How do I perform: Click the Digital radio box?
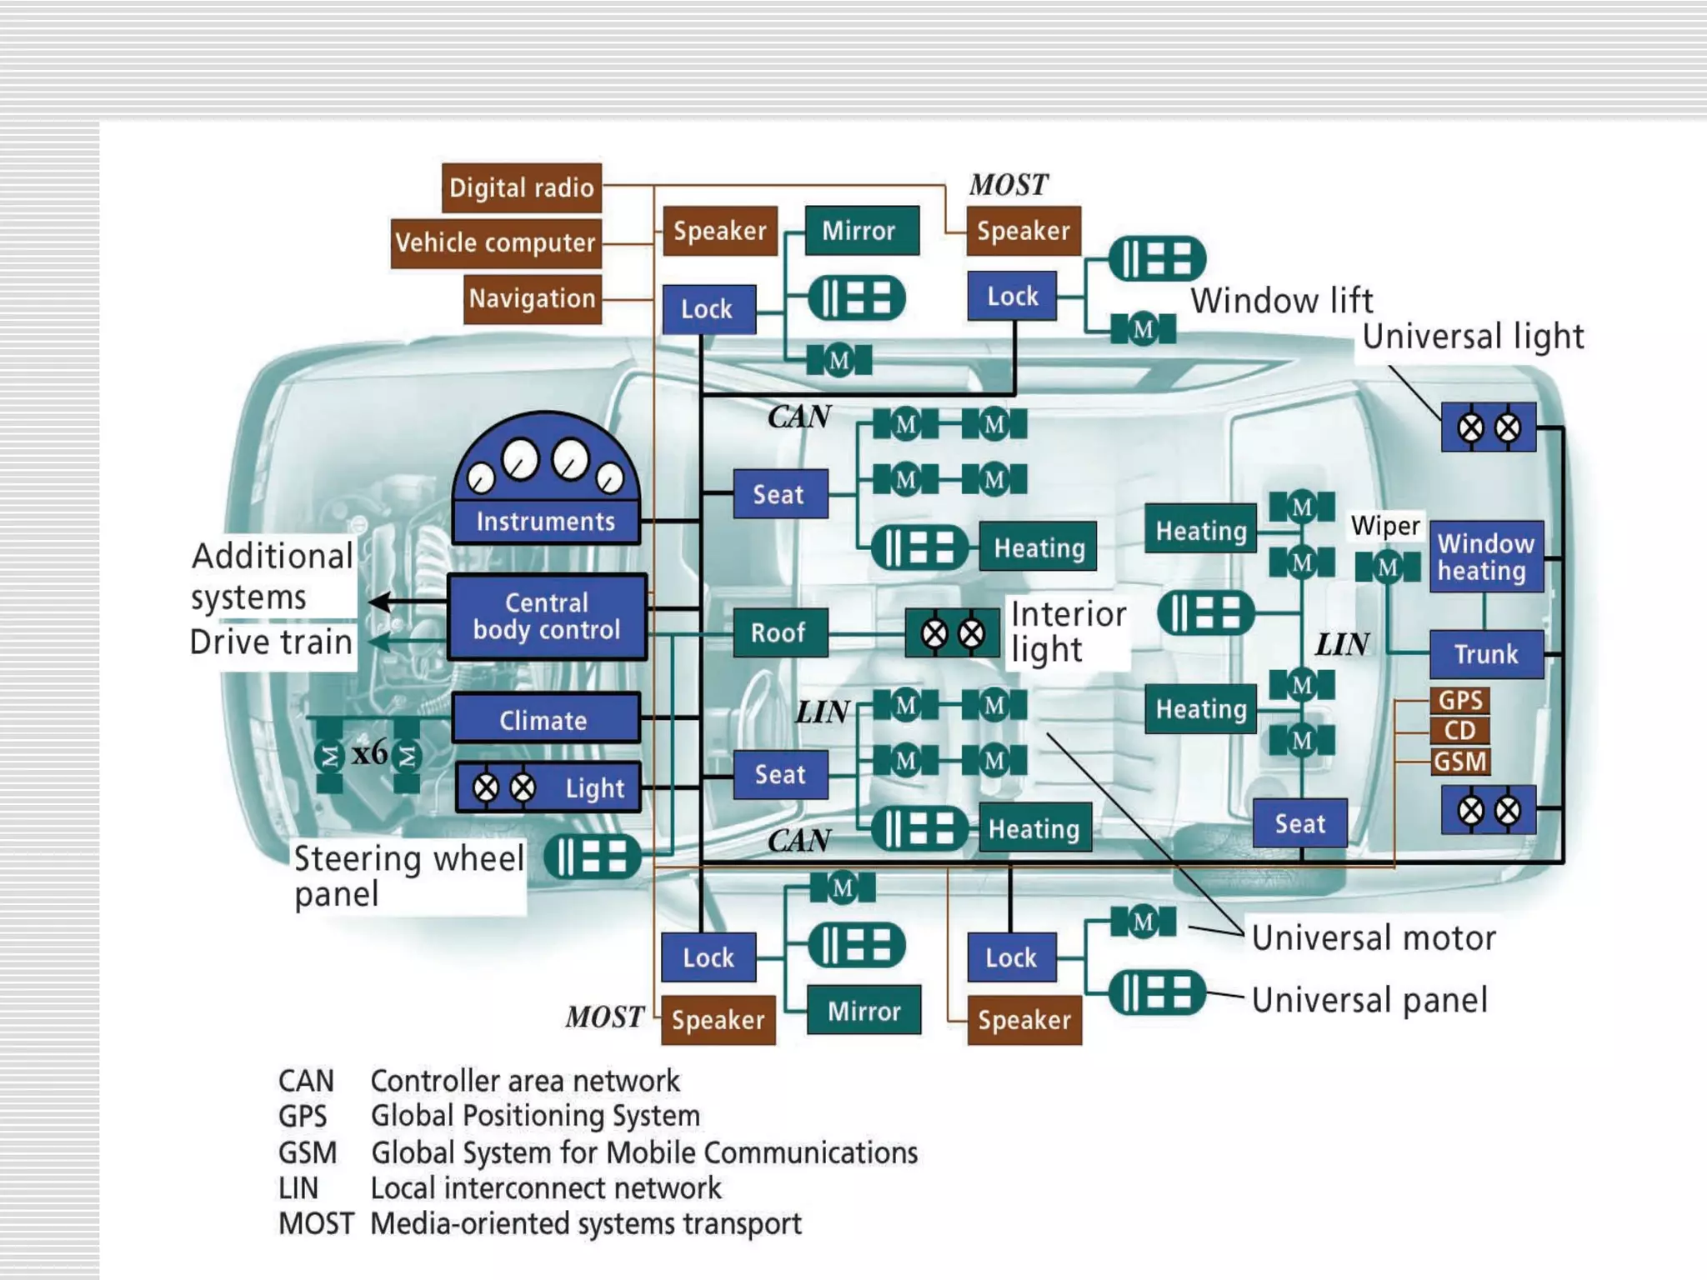pyautogui.click(x=521, y=187)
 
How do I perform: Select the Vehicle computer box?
pyautogui.click(x=495, y=242)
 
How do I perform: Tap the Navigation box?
pyautogui.click(x=532, y=298)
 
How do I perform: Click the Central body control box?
pyautogui.click(x=547, y=617)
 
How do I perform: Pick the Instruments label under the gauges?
pyautogui.click(x=546, y=522)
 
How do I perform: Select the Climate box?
pyautogui.click(x=545, y=719)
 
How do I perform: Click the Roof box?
pyautogui.click(x=779, y=632)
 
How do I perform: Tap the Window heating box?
pyautogui.click(x=1485, y=557)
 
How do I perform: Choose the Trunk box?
pyautogui.click(x=1485, y=654)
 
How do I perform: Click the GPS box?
pyautogui.click(x=1459, y=700)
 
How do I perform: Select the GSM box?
pyautogui.click(x=1459, y=761)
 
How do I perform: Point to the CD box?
pyautogui.click(x=1459, y=731)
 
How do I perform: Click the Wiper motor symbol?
pyautogui.click(x=1387, y=567)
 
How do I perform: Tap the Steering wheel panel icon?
pyautogui.click(x=592, y=857)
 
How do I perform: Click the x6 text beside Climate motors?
pyautogui.click(x=369, y=752)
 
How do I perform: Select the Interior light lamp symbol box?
pyautogui.click(x=952, y=633)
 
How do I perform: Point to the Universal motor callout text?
pyautogui.click(x=1373, y=938)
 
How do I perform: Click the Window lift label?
pyautogui.click(x=1281, y=301)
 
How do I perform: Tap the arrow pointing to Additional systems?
pyautogui.click(x=383, y=601)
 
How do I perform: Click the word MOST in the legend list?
pyautogui.click(x=315, y=1223)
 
